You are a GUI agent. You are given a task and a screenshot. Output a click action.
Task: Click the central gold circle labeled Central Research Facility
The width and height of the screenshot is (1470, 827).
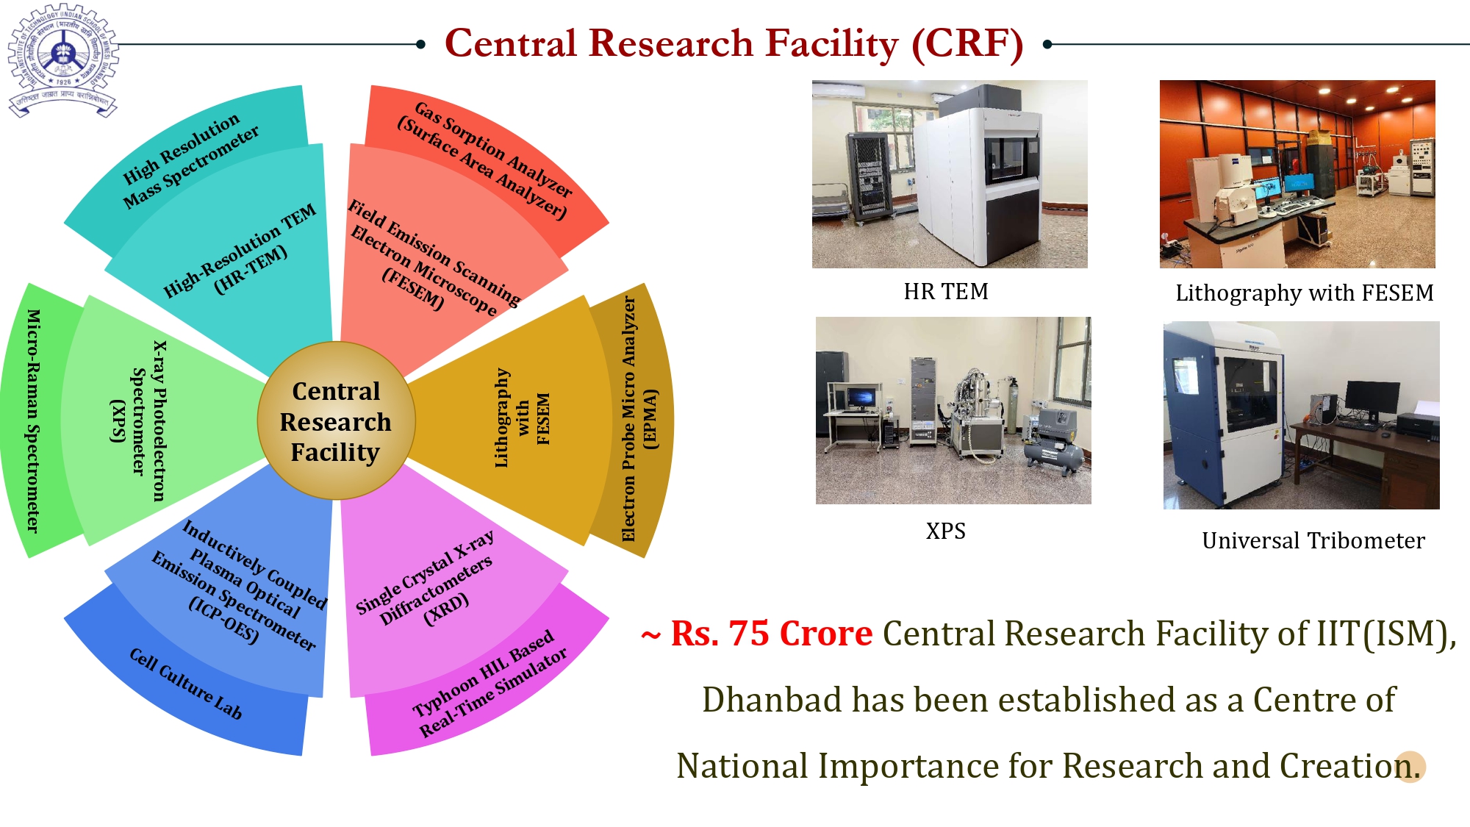click(336, 421)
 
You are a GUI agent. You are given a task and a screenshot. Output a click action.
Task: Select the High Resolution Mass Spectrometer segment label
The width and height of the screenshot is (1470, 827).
click(190, 160)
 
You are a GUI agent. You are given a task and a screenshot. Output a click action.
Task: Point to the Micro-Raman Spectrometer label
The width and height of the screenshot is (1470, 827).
click(33, 420)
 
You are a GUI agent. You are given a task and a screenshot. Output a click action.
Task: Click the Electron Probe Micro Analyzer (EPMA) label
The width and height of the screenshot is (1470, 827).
click(638, 419)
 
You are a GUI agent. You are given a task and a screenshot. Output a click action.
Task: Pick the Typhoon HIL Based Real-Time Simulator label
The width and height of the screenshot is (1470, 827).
click(490, 684)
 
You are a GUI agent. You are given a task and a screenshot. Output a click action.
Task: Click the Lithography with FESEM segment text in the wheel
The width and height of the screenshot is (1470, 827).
click(522, 418)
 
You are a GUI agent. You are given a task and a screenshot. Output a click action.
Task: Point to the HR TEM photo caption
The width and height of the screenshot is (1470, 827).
click(946, 292)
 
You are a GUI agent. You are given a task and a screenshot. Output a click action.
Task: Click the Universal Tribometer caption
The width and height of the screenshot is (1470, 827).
click(1313, 541)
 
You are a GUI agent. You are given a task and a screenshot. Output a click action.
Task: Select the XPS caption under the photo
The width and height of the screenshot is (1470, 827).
click(945, 531)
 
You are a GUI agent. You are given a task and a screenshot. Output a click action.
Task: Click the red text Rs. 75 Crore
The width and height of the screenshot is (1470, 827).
click(771, 634)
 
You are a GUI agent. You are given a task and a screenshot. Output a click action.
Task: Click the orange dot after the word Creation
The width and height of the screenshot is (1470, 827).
click(1410, 767)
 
